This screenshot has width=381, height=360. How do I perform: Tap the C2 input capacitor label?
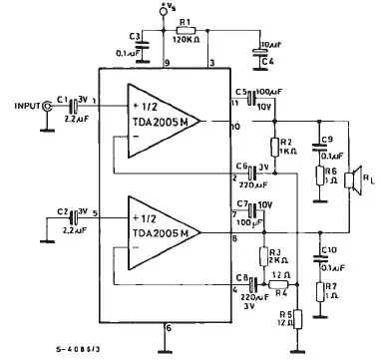pyautogui.click(x=63, y=212)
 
